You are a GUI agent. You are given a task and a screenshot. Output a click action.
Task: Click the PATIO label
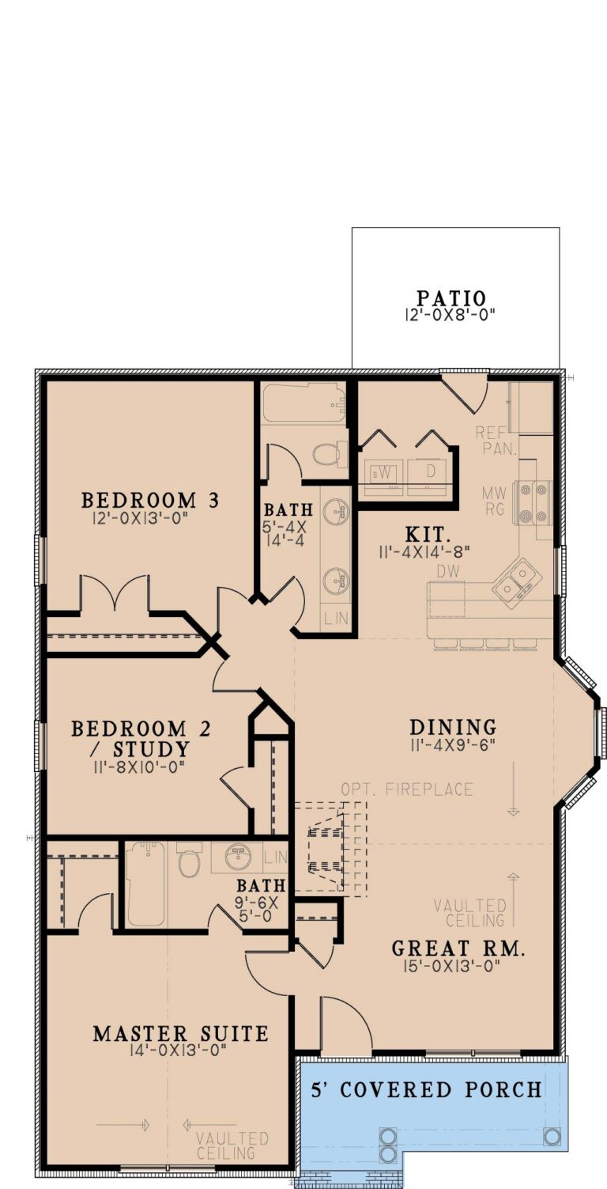pos(451,298)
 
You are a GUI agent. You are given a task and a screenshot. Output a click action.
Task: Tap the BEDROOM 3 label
pos(150,500)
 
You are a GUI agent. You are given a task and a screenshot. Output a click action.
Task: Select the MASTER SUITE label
pos(181,1033)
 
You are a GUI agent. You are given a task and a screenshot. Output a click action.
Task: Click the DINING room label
pos(453,726)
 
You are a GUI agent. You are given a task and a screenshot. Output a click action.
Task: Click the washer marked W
pos(383,472)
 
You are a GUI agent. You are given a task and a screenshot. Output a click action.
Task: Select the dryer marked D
pos(431,472)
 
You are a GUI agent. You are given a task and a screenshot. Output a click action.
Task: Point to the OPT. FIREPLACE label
pos(407,790)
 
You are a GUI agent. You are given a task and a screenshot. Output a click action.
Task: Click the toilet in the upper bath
pos(326,453)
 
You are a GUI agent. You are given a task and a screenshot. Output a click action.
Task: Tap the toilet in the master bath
pos(189,862)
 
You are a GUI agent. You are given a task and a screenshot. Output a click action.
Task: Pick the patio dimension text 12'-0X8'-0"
pos(451,315)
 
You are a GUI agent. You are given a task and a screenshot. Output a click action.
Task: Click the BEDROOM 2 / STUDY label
pos(141,738)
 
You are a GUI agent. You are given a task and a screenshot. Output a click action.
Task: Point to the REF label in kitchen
pos(489,433)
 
